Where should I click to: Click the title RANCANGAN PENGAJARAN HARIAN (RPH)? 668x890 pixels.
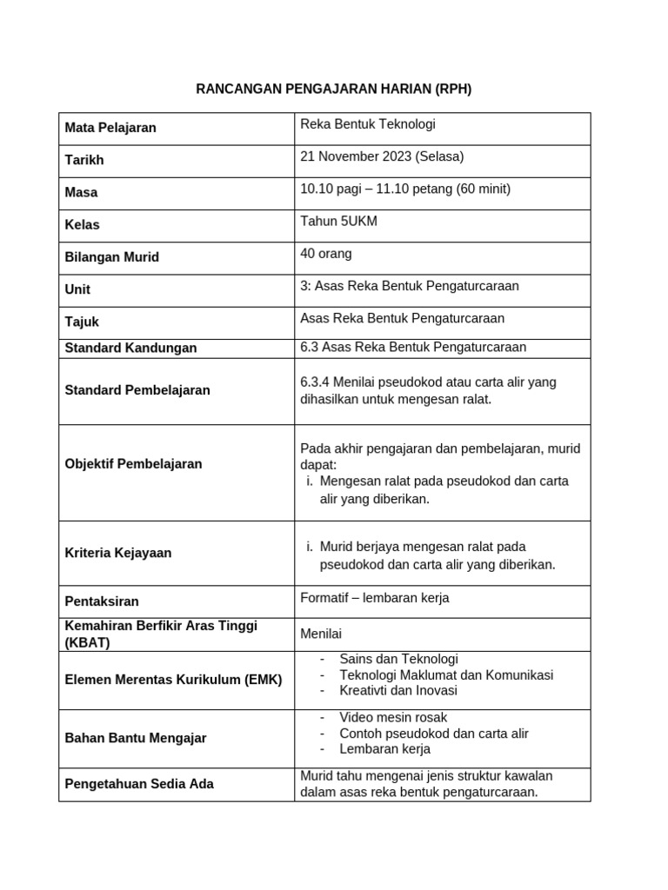pos(333,89)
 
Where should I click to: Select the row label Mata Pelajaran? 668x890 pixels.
pos(110,128)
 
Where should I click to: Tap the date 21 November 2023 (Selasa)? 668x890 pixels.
pos(382,156)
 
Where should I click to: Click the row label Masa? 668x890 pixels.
pos(81,192)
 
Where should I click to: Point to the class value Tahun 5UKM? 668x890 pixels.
pos(338,221)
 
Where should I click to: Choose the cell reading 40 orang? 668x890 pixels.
pos(326,253)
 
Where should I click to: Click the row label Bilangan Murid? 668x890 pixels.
pos(111,256)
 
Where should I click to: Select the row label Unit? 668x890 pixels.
pos(77,289)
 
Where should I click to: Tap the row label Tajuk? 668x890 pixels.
pos(82,322)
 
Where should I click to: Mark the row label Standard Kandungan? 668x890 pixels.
pos(130,348)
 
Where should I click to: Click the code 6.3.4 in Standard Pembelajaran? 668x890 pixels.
pos(317,382)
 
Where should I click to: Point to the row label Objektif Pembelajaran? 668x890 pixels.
pos(133,463)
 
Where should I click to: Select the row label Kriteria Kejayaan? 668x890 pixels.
pos(118,553)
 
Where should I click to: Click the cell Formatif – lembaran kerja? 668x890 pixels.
pos(374,598)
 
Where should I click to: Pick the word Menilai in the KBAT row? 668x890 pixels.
pos(321,634)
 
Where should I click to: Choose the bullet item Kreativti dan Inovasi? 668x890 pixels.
pos(398,690)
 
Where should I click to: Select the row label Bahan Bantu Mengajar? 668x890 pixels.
pos(136,738)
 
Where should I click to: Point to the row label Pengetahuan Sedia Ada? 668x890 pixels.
pos(139,784)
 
